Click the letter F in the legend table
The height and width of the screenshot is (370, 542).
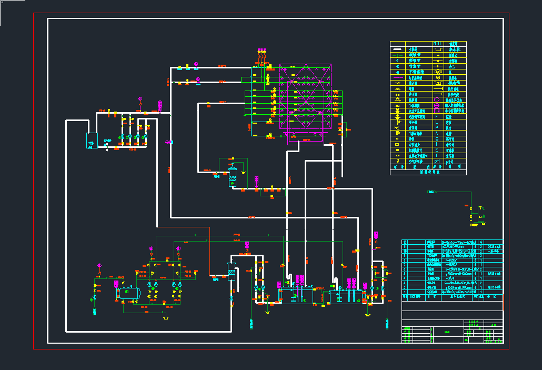tap(436, 116)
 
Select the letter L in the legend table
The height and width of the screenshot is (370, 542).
tap(436, 122)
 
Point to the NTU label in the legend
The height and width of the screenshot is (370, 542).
tap(437, 44)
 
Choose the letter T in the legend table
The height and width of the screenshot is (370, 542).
tap(436, 156)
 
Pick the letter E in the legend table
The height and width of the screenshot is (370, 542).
tap(436, 150)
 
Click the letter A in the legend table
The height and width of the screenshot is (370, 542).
tap(436, 134)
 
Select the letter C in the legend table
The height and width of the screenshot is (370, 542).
tap(436, 139)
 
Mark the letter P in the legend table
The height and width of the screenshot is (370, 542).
tap(436, 128)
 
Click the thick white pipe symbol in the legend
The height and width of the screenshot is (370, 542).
tap(397, 49)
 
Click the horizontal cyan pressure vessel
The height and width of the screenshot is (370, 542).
tap(128, 293)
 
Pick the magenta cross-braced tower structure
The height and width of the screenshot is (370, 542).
tap(305, 97)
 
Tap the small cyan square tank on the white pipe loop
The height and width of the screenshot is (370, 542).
tap(92, 141)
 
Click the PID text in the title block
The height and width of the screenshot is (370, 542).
tap(447, 332)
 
